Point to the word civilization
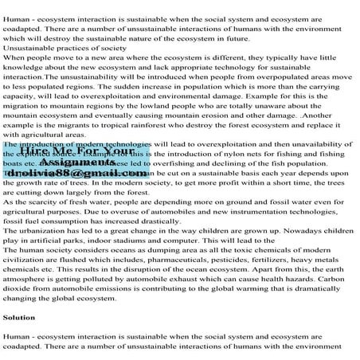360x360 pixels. [25, 260]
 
